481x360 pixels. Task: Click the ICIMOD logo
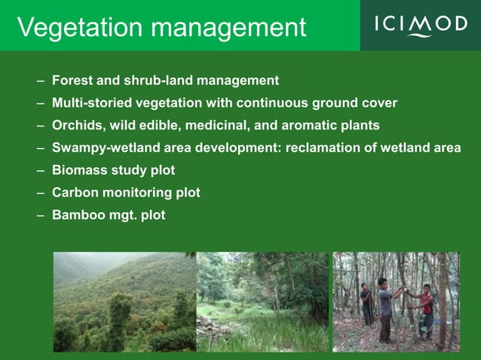pyautogui.click(x=421, y=25)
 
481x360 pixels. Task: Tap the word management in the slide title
pyautogui.click(x=235, y=29)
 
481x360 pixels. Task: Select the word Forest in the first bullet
pyautogui.click(x=70, y=81)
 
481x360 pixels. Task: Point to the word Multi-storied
pyautogui.click(x=90, y=103)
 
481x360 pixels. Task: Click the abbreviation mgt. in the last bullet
pyautogui.click(x=121, y=216)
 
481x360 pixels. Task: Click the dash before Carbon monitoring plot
pyautogui.click(x=39, y=193)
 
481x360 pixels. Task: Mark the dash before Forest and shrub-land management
pyautogui.click(x=39, y=81)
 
